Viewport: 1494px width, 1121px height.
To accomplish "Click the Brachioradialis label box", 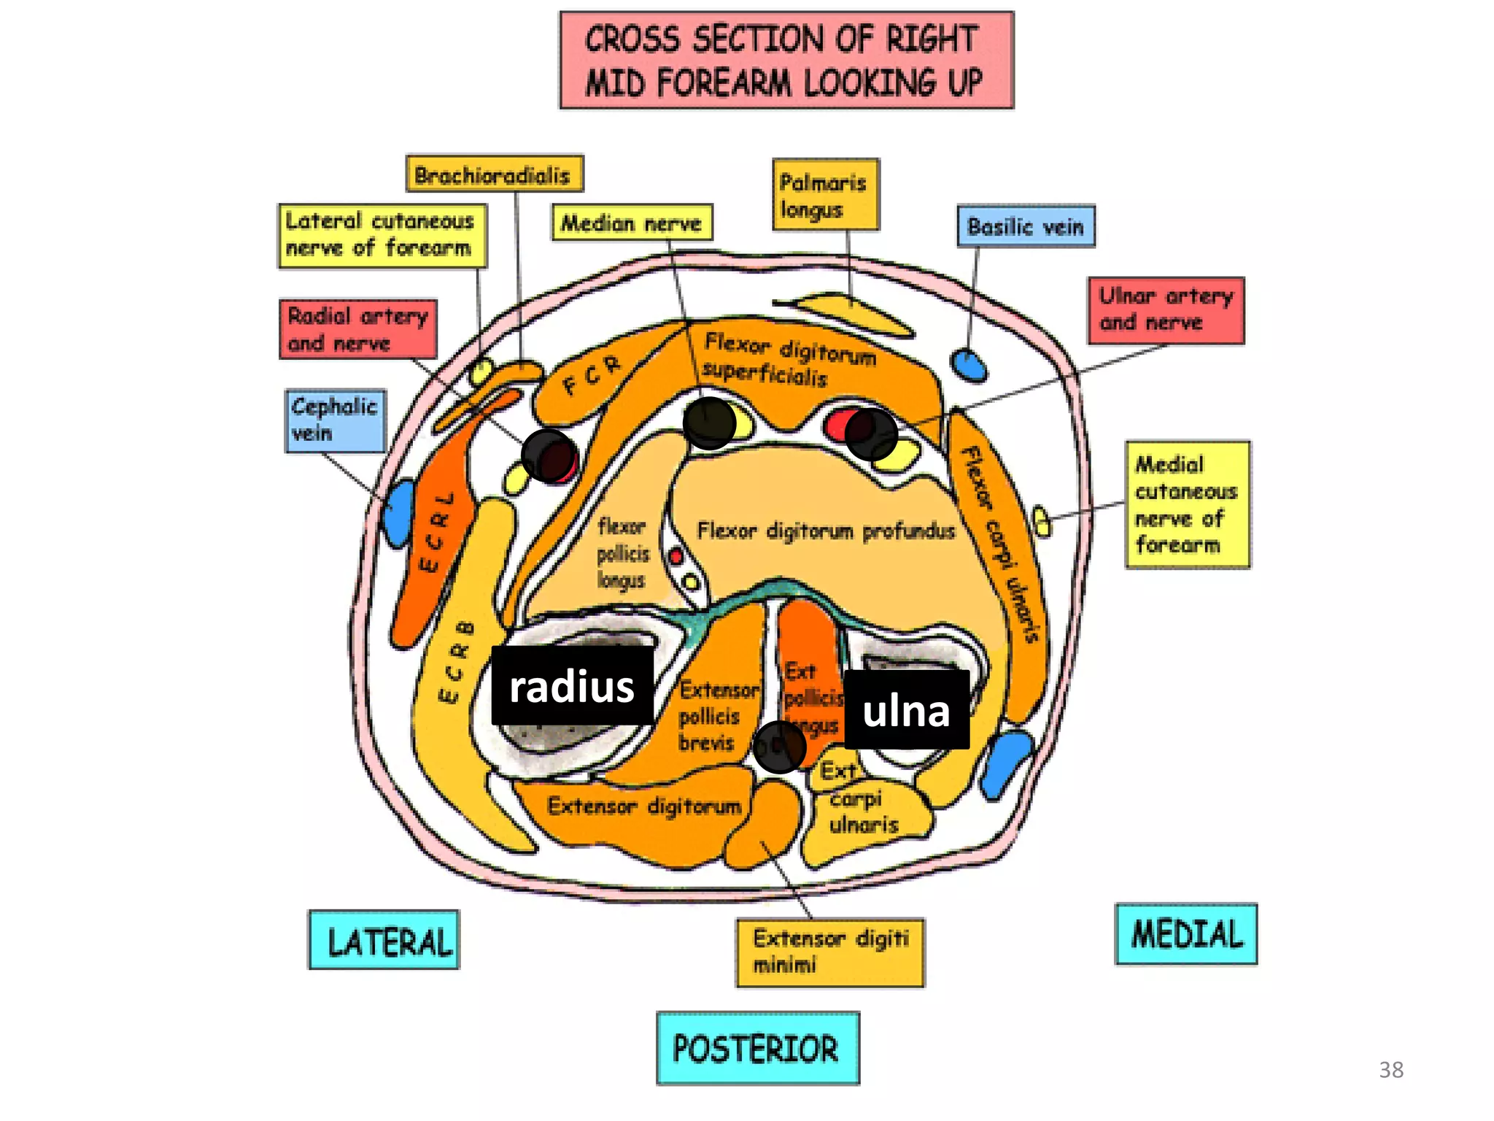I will pyautogui.click(x=494, y=174).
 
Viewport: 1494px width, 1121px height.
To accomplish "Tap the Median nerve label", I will pyautogui.click(x=631, y=223).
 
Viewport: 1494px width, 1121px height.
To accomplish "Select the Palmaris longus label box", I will pyautogui.click(x=825, y=195).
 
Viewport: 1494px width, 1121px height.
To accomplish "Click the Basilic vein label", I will pyautogui.click(x=1025, y=227).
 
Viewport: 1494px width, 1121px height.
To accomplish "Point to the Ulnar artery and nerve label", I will pyautogui.click(x=1165, y=310).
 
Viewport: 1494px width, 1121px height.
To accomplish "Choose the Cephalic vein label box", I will pyautogui.click(x=335, y=420).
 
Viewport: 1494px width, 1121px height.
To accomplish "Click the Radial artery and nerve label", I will pyautogui.click(x=357, y=329).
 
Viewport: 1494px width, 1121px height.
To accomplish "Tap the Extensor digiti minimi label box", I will pyautogui.click(x=829, y=952).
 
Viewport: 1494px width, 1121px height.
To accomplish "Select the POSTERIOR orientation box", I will pyautogui.click(x=756, y=1048).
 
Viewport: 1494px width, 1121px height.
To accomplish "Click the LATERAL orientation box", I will pyautogui.click(x=384, y=940).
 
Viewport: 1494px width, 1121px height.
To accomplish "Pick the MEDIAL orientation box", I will pyautogui.click(x=1185, y=934).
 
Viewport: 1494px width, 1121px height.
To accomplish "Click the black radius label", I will pyautogui.click(x=572, y=686).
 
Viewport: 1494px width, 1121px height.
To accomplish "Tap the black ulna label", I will pyautogui.click(x=906, y=710).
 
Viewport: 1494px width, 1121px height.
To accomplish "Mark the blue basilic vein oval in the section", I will pyautogui.click(x=969, y=366).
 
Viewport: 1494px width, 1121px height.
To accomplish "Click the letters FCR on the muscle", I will pyautogui.click(x=592, y=375).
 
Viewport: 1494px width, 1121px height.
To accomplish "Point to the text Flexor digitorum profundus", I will pyautogui.click(x=826, y=531).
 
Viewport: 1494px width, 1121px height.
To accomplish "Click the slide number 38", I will pyautogui.click(x=1390, y=1070).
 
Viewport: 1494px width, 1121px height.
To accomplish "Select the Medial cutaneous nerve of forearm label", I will pyautogui.click(x=1186, y=504).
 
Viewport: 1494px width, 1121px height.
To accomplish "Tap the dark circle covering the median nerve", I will pyautogui.click(x=708, y=423).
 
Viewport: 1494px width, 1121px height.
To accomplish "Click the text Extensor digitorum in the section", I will pyautogui.click(x=644, y=806).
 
